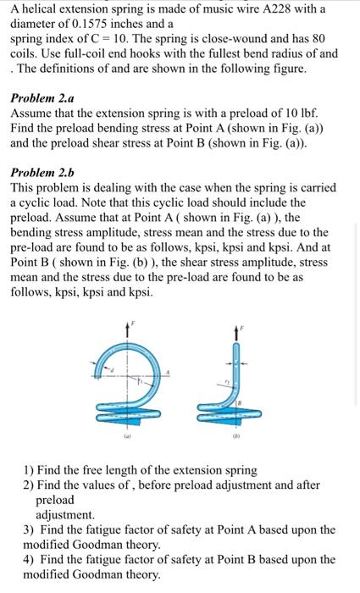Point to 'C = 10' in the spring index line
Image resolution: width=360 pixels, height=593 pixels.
click(101, 39)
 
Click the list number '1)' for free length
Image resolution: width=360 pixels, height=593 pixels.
click(30, 470)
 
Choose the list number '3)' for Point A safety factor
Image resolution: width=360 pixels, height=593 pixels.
click(30, 529)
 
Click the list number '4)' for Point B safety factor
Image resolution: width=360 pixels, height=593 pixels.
click(30, 559)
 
